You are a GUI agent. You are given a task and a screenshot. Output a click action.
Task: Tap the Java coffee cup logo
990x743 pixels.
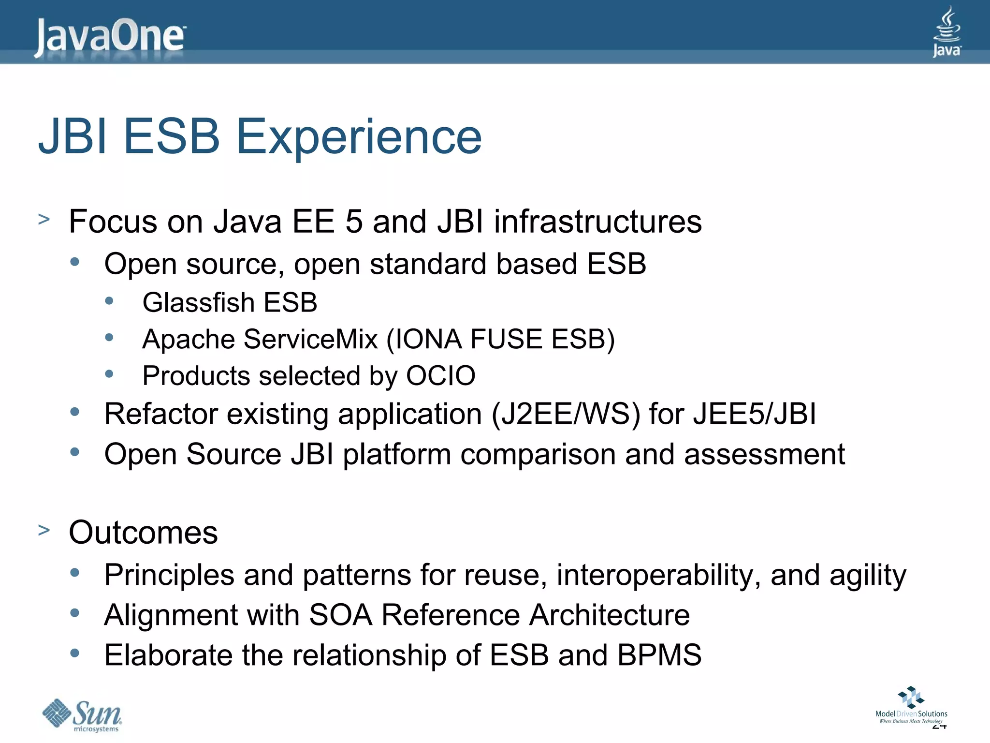[x=946, y=32]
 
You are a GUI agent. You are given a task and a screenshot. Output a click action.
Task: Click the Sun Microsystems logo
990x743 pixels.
[x=82, y=715]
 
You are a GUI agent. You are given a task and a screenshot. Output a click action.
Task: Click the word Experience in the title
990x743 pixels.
[x=359, y=137]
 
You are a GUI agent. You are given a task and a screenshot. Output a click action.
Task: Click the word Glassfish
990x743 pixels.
[x=198, y=303]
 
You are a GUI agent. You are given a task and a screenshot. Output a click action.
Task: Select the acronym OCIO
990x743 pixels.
[x=440, y=376]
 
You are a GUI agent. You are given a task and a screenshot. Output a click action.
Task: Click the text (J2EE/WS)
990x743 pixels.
[x=566, y=415]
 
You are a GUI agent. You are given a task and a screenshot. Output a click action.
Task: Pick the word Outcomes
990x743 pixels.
[x=143, y=533]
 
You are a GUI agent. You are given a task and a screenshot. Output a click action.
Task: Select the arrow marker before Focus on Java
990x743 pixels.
[x=44, y=220]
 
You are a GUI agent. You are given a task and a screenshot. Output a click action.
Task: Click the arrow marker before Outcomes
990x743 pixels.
[x=44, y=530]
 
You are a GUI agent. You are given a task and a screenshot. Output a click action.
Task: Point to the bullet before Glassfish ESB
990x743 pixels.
[x=109, y=301]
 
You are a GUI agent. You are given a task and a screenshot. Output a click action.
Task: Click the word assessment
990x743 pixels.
[x=764, y=455]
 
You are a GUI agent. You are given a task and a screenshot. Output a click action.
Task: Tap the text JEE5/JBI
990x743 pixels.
[x=754, y=415]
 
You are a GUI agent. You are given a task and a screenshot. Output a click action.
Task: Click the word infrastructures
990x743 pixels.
[x=597, y=222]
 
